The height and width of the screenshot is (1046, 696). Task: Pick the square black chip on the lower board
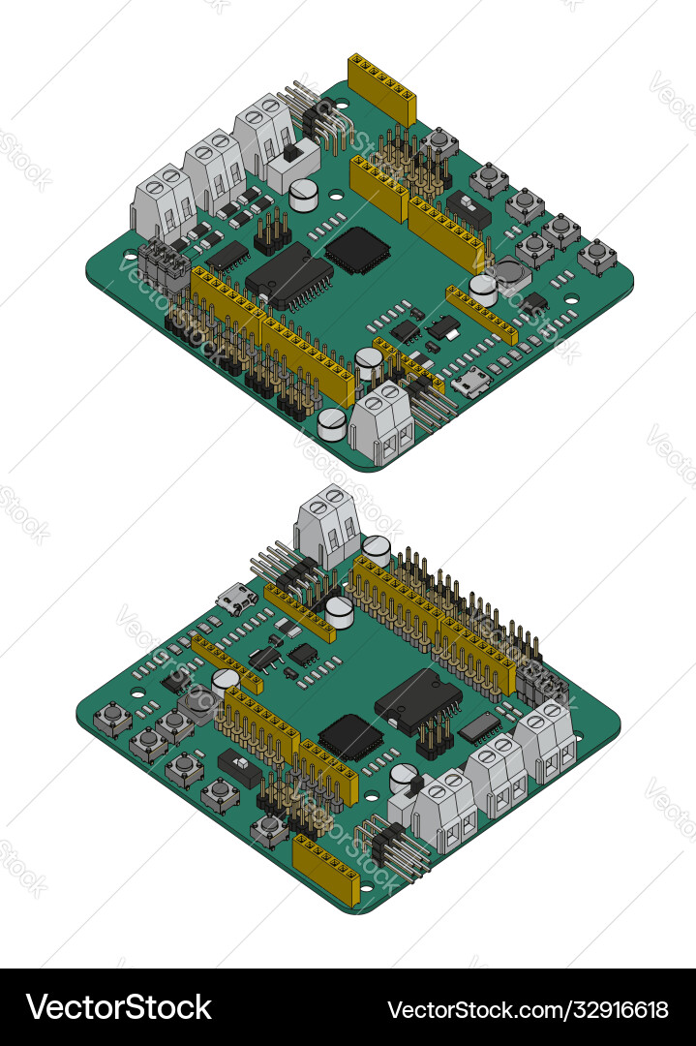click(350, 737)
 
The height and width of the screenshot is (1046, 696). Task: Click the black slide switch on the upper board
click(469, 209)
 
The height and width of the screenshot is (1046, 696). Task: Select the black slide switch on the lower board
click(241, 768)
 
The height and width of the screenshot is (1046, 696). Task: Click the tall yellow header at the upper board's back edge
click(382, 89)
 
